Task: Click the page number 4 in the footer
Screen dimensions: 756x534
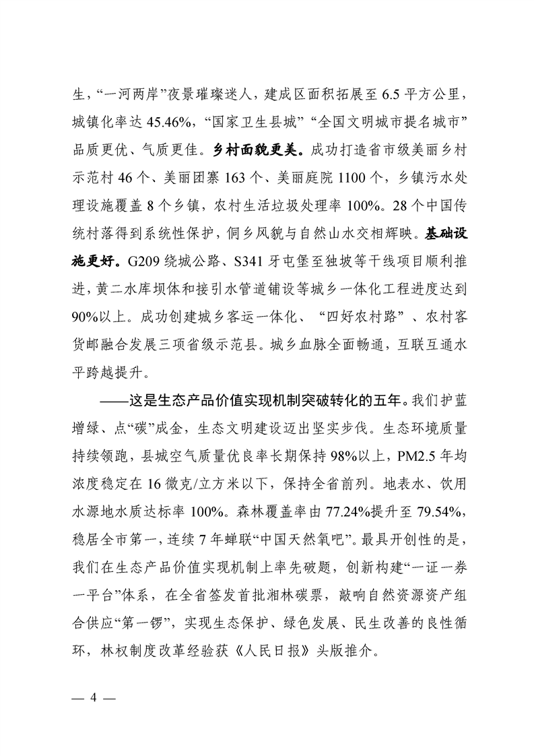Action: point(94,699)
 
